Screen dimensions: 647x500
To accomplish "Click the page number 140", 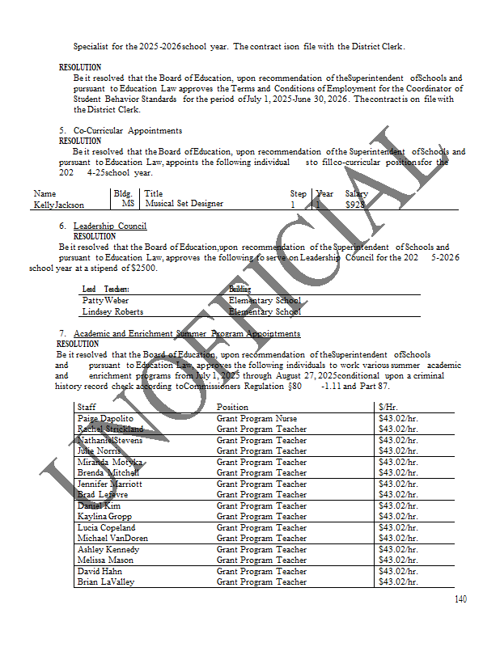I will point(460,599).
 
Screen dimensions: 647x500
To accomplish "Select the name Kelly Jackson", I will point(59,205).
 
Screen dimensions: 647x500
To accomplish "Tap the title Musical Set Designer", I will point(184,204).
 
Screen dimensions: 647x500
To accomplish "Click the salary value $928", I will point(356,205).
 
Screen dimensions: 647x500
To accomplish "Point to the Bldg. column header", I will point(123,193).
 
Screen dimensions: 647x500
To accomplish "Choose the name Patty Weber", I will point(105,300).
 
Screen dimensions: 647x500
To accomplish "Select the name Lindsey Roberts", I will point(112,311).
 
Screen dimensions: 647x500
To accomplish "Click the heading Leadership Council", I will point(109,226).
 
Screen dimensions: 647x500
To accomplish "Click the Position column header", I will point(232,407).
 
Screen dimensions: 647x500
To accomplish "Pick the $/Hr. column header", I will point(388,407).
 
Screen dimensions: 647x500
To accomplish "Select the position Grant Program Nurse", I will point(257,418).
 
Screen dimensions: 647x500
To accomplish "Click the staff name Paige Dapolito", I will point(105,418).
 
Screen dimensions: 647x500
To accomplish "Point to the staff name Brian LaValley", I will point(106,581).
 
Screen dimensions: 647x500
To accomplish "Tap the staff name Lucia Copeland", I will point(106,527).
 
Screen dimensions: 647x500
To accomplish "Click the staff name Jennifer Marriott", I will point(109,484).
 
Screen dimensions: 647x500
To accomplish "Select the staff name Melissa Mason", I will point(105,560).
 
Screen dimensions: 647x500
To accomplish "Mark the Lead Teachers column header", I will point(106,289).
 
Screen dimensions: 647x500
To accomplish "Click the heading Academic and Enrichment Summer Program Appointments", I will point(186,333).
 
